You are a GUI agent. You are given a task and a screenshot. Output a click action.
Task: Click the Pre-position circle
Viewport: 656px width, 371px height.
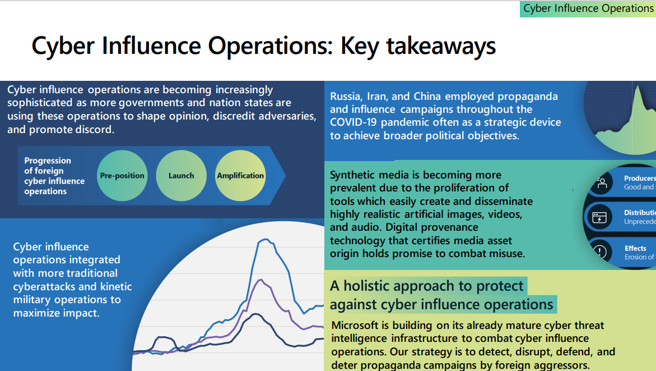[x=122, y=176]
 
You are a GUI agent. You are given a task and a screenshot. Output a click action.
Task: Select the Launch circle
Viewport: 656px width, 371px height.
[x=181, y=176]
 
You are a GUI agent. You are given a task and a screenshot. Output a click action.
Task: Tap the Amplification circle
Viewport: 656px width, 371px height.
[x=240, y=176]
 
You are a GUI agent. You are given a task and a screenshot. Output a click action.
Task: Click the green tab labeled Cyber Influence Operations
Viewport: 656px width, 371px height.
[x=588, y=9]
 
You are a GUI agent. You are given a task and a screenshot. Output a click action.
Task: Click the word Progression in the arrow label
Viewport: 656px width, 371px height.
[x=48, y=161]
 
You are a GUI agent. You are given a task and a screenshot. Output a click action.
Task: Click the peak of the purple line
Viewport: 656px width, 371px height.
[x=261, y=280]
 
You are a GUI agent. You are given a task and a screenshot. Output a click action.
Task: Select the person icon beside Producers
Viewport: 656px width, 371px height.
[x=602, y=183]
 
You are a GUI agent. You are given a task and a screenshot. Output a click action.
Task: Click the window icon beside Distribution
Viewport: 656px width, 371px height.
[x=599, y=218]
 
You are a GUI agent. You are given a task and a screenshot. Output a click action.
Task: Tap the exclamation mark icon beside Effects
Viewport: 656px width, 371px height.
[x=600, y=251]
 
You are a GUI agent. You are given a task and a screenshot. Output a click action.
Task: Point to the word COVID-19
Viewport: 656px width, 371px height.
[x=353, y=122]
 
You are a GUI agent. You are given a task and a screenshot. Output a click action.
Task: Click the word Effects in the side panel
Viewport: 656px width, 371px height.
[x=635, y=248]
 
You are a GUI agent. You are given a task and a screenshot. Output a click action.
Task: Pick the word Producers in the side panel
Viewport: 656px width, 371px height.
[x=640, y=178]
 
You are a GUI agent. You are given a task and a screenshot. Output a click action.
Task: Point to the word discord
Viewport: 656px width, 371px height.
[x=95, y=130]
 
